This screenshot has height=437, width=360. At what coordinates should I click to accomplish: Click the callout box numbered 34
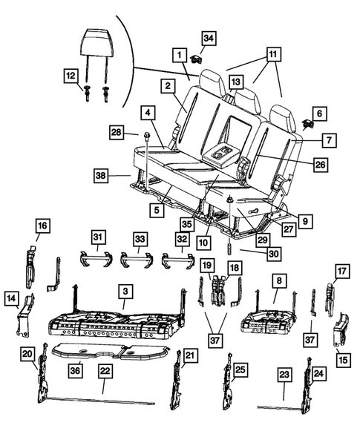pyautogui.click(x=209, y=38)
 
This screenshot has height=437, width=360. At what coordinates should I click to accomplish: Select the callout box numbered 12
pyautogui.click(x=71, y=76)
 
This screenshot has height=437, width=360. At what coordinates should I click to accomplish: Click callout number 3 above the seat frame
pyautogui.click(x=127, y=292)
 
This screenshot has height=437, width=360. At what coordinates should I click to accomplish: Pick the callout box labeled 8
pyautogui.click(x=278, y=281)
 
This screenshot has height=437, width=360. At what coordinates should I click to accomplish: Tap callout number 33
pyautogui.click(x=138, y=238)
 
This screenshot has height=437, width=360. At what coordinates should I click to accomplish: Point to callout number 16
pyautogui.click(x=42, y=225)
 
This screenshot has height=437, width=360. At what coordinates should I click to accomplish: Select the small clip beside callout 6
pyautogui.click(x=308, y=124)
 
